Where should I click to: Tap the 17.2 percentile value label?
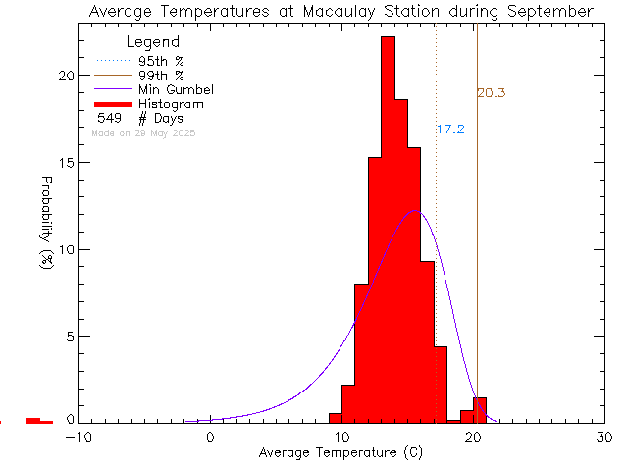click(450, 130)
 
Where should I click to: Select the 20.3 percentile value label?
click(492, 93)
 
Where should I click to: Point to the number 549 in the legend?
click(109, 119)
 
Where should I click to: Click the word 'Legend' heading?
click(153, 42)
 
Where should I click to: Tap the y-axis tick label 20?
click(66, 76)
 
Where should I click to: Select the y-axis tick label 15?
click(66, 162)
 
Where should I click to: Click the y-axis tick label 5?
click(70, 336)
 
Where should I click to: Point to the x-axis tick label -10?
click(78, 438)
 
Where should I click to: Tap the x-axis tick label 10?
click(341, 438)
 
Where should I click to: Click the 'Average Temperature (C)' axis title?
click(341, 454)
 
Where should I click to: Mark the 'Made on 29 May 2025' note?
click(143, 132)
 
